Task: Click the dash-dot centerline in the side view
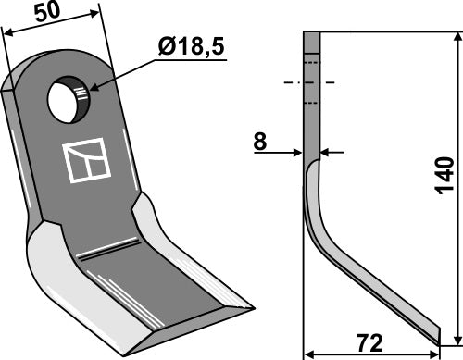[x=311, y=82]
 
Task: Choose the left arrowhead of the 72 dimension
[x=310, y=353]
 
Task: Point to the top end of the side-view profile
[x=312, y=33]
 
